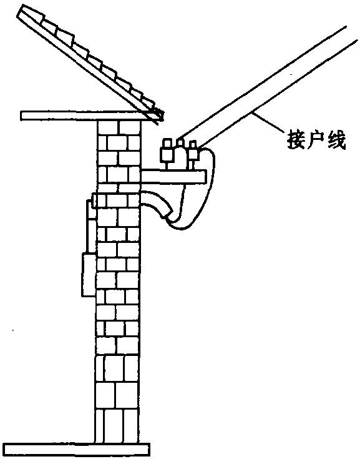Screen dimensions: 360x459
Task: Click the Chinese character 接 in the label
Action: (x=295, y=140)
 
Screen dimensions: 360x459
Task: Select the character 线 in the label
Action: (x=337, y=140)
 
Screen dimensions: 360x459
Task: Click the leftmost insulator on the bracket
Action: (x=167, y=150)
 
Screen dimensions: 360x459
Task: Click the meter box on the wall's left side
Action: (x=88, y=275)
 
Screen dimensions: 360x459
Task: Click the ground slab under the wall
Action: (x=77, y=449)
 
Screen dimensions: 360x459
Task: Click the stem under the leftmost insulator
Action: (x=167, y=166)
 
